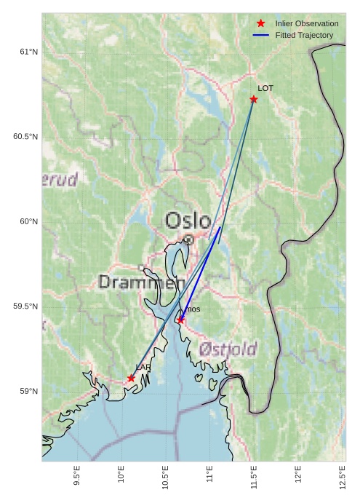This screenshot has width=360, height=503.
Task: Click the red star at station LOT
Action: point(254,99)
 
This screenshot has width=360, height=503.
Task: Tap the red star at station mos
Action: point(180,320)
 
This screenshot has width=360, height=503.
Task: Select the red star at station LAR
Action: point(132,379)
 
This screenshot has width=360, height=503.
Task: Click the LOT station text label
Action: point(265,88)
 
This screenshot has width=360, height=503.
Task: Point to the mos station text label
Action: point(193,309)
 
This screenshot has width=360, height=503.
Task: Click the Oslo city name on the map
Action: point(188,221)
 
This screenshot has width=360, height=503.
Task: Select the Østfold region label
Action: point(228,350)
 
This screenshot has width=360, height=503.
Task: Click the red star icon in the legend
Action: point(261,23)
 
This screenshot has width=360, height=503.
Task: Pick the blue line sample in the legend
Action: point(261,35)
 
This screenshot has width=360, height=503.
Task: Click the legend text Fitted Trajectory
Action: point(304,35)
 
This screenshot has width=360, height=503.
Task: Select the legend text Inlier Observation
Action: point(307,23)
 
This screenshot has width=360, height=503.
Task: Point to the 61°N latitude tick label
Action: point(28,52)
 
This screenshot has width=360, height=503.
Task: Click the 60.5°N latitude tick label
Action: point(25,137)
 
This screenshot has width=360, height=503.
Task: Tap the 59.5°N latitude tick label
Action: point(25,306)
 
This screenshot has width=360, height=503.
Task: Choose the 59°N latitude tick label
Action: point(28,392)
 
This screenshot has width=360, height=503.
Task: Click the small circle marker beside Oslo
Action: point(188,239)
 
